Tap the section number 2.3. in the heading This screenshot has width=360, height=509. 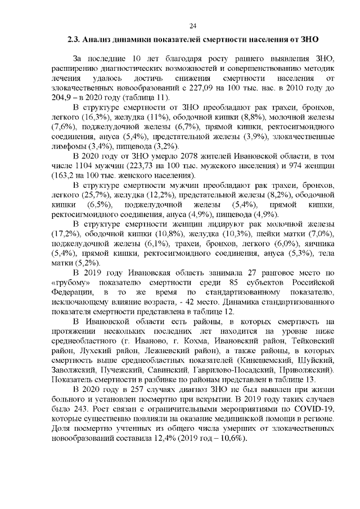click(73, 40)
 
